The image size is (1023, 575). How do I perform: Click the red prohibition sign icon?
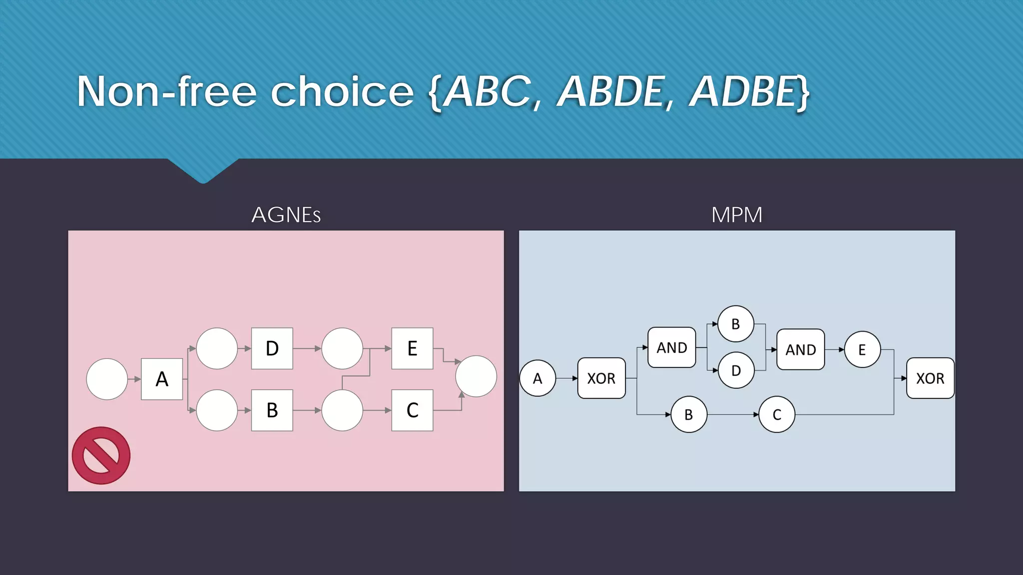pos(101,455)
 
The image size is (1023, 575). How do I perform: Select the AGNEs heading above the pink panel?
pos(286,215)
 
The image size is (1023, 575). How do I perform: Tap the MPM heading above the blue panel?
pos(737,215)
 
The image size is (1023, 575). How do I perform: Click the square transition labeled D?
pos(272,348)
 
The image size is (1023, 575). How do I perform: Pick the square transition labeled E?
pos(412,348)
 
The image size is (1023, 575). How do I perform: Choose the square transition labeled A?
pos(162,379)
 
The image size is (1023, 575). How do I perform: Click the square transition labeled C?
pos(412,410)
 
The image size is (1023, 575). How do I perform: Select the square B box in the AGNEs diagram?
pos(272,410)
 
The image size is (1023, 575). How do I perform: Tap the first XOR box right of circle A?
pos(601,378)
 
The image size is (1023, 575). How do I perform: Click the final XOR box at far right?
pos(930,378)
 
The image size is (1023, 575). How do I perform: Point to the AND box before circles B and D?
pos(671,347)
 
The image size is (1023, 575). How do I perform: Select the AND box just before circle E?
pos(800,349)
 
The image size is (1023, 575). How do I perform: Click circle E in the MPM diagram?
pos(862,349)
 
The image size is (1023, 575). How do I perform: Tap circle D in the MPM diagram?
pos(736,370)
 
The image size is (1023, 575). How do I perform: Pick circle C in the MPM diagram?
pos(777,414)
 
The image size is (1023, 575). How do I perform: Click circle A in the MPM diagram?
pos(537,378)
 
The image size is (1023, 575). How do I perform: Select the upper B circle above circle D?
pos(736,324)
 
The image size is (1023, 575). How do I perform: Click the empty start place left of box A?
pos(107,379)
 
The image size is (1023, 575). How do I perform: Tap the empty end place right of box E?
pos(476,376)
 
